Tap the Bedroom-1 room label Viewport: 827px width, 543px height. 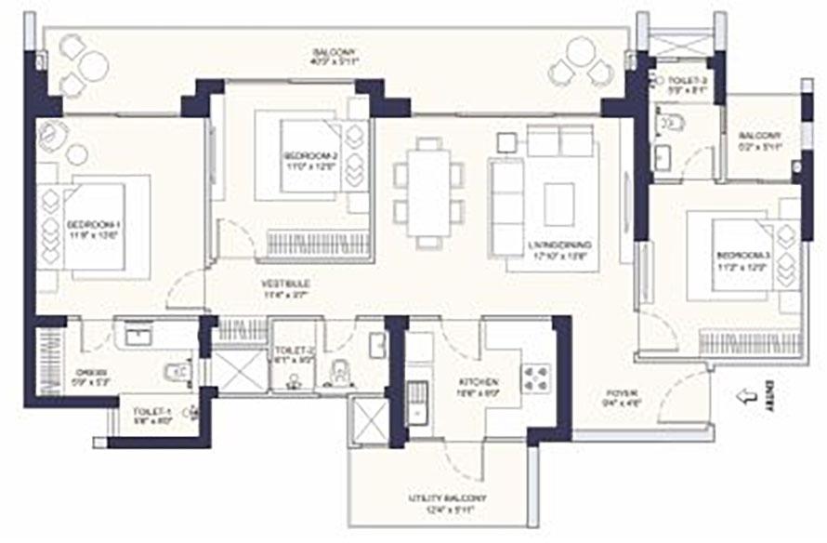pyautogui.click(x=94, y=229)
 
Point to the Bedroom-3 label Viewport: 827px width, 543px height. pyautogui.click(x=740, y=259)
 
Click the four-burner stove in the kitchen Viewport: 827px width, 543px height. pyautogui.click(x=537, y=377)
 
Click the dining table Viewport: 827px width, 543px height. pyautogui.click(x=428, y=191)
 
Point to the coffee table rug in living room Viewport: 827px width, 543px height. pyautogui.click(x=559, y=204)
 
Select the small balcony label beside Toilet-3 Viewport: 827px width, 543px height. pyautogui.click(x=760, y=140)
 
